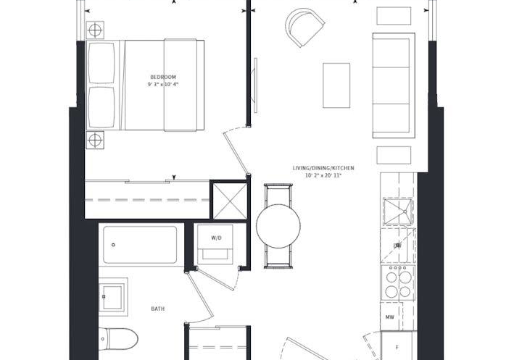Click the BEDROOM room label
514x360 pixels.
pos(163,78)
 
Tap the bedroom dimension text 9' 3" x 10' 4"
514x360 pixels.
pos(163,85)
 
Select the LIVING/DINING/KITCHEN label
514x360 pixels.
pos(323,168)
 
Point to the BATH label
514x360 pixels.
pos(157,309)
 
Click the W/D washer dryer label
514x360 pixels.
pos(216,238)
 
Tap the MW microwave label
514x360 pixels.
pos(389,317)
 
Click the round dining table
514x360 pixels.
pos(278,226)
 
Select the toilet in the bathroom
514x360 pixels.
pos(118,339)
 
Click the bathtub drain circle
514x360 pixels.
pos(113,245)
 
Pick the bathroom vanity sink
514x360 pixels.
pos(113,297)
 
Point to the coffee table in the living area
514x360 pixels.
pos(336,85)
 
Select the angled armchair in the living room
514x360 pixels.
pos(304,28)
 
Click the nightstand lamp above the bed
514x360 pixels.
pos(95,30)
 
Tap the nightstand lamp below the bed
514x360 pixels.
pos(95,141)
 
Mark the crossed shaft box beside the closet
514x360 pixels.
pos(230,201)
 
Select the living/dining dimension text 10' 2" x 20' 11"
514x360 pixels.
pos(323,175)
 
